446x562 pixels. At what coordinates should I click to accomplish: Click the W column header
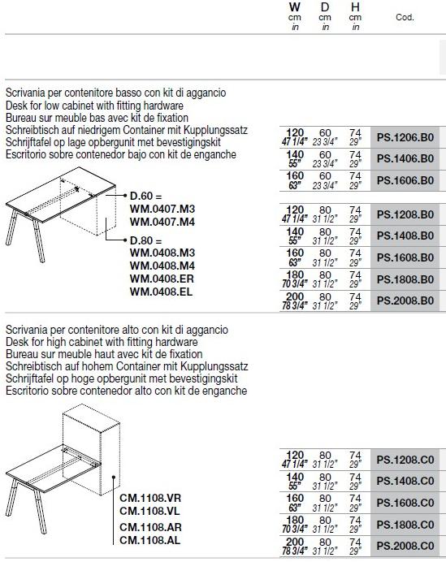point(295,7)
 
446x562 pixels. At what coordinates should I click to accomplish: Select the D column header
point(325,7)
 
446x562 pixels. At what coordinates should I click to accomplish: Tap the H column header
point(355,7)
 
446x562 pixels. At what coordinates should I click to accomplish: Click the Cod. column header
point(405,17)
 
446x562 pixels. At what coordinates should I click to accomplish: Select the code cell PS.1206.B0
point(405,137)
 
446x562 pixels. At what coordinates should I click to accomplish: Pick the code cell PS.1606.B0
point(405,180)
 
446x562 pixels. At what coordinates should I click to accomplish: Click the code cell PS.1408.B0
point(405,236)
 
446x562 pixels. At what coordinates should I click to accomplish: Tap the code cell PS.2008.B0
point(405,300)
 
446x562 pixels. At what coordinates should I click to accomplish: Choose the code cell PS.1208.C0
point(405,460)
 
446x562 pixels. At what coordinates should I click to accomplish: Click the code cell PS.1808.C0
point(405,525)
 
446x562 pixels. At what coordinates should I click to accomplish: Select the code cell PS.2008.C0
point(405,547)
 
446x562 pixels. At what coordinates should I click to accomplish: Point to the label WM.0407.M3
point(162,209)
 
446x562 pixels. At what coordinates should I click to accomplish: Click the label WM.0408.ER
point(162,279)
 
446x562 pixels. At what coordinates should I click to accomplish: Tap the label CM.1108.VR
point(150,498)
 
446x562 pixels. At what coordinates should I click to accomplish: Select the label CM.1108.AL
point(149,540)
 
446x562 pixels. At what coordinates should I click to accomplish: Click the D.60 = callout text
point(146,196)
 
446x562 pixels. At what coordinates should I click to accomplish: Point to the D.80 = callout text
point(146,240)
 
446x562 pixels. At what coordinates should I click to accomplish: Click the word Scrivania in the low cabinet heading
point(25,93)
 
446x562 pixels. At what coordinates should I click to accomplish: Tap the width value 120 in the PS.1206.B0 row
point(295,132)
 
